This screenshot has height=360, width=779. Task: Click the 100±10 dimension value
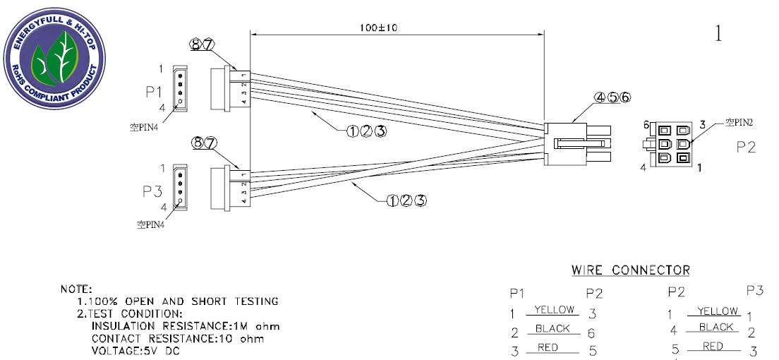click(379, 28)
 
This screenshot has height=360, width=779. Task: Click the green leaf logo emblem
click(54, 58)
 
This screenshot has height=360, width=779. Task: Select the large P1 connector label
click(154, 92)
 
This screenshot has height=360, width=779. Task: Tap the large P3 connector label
click(152, 192)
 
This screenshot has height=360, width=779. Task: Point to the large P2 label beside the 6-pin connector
click(745, 148)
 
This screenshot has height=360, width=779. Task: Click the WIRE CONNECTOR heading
click(630, 270)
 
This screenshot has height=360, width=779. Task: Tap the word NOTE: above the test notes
click(76, 289)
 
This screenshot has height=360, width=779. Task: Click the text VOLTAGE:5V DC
click(135, 351)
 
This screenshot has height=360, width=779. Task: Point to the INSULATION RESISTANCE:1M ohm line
click(186, 326)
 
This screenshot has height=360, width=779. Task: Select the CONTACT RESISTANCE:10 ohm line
click(178, 339)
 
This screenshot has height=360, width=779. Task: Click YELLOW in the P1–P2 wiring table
click(554, 310)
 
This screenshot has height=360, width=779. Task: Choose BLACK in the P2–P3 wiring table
click(716, 327)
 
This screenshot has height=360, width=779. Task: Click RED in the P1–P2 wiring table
click(548, 347)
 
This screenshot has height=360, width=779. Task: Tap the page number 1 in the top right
click(718, 33)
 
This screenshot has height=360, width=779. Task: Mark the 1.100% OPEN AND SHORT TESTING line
click(177, 301)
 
